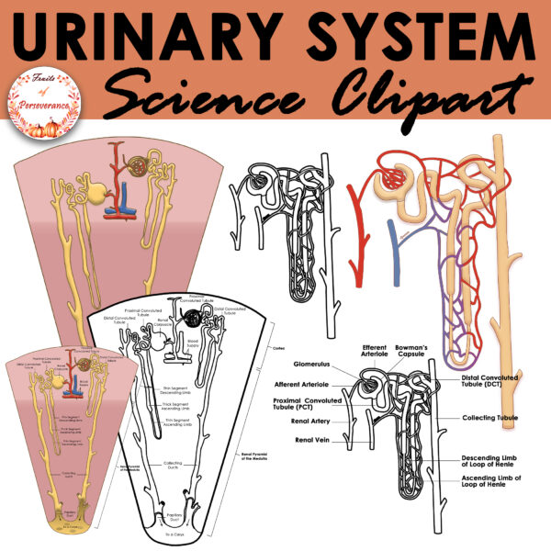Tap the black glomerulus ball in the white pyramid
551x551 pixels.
194,320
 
